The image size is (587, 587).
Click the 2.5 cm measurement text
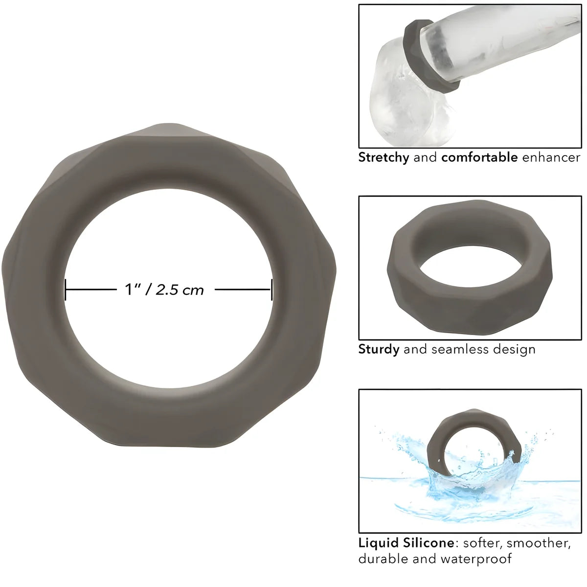(180, 290)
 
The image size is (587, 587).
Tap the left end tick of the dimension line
(66, 290)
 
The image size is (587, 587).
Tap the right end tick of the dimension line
(271, 290)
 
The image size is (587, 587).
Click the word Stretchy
(384, 158)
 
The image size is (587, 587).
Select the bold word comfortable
(479, 157)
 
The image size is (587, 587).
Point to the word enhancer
(551, 158)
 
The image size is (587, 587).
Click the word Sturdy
(379, 349)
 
